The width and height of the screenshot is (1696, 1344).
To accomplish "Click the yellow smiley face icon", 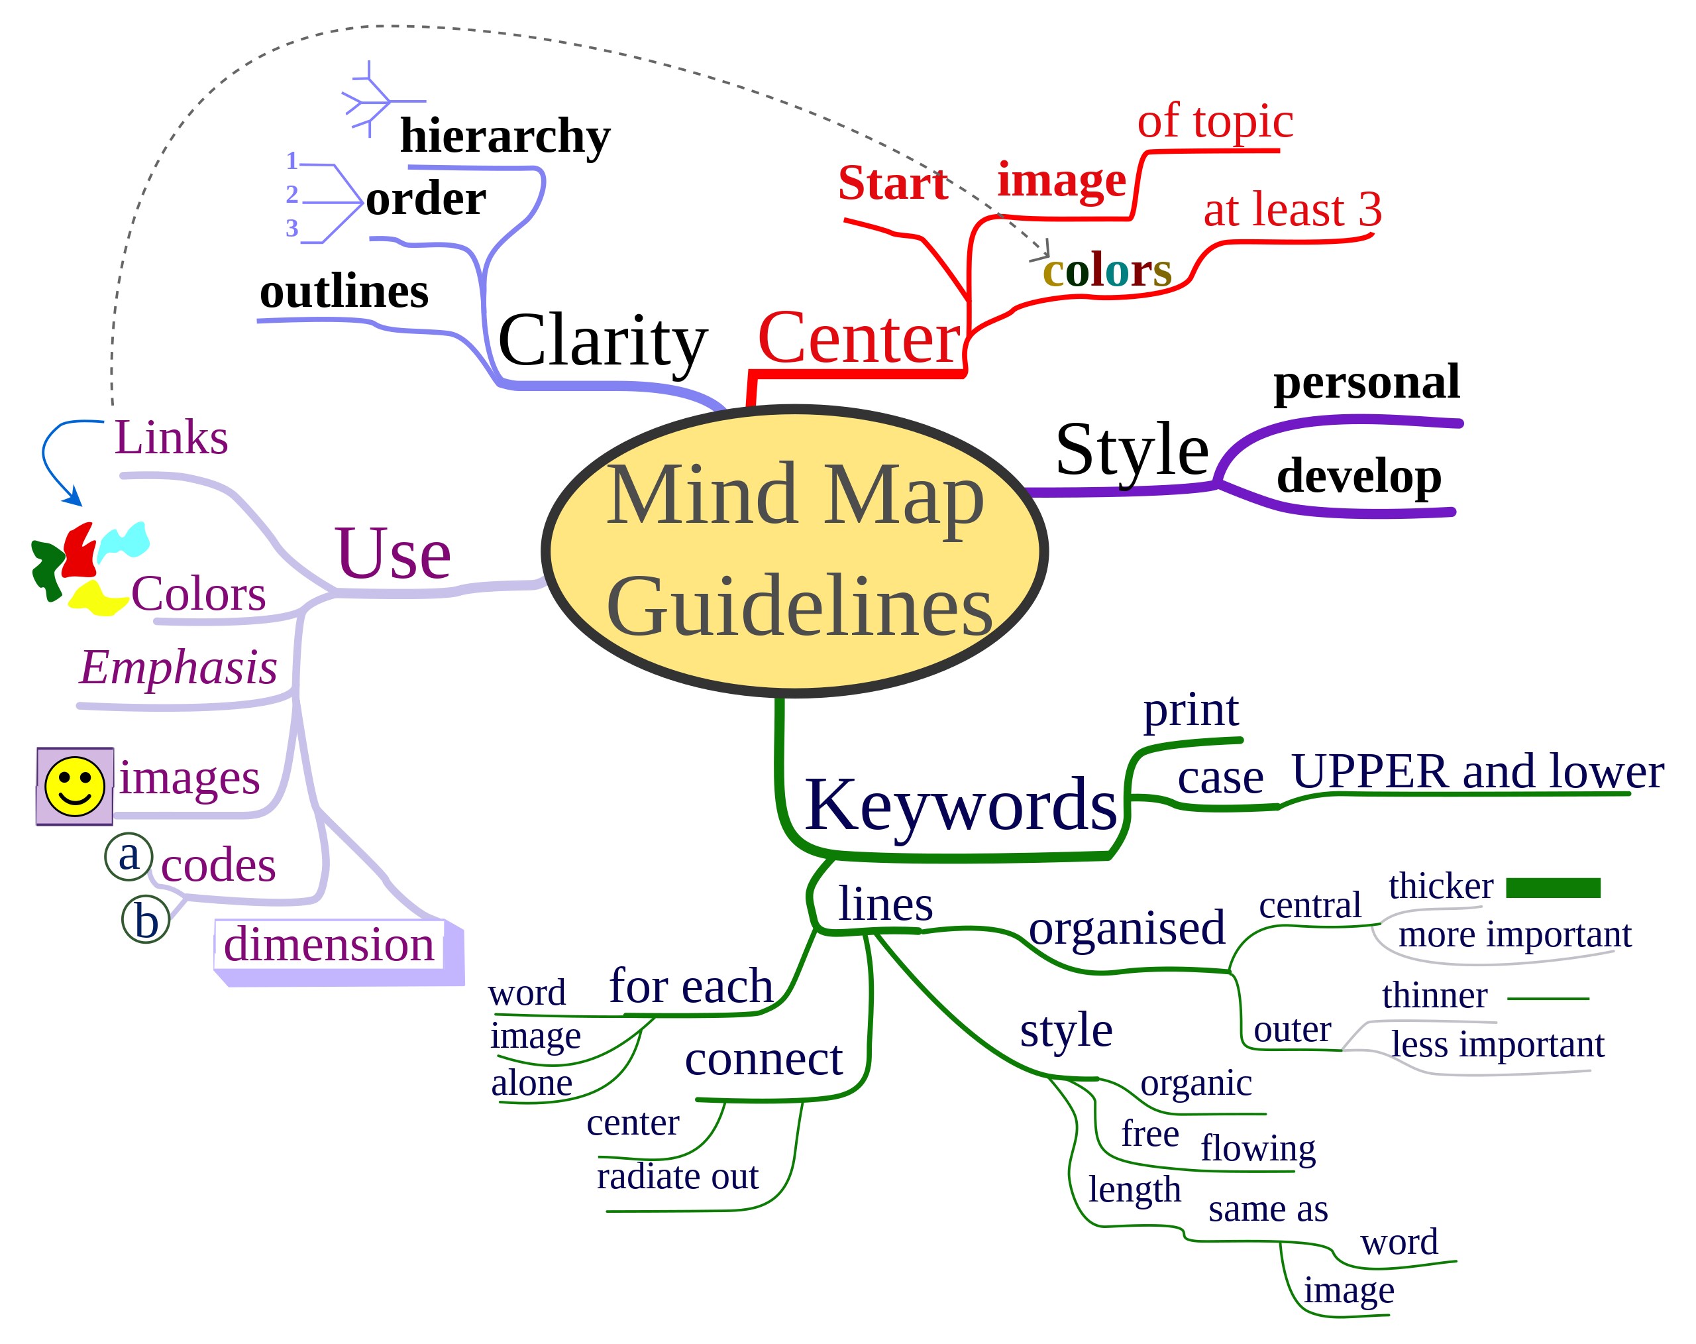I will [x=75, y=786].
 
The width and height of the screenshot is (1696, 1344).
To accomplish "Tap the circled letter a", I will [x=129, y=856].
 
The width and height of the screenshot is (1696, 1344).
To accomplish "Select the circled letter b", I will [x=146, y=920].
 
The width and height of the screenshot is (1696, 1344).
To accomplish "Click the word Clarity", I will [x=603, y=341].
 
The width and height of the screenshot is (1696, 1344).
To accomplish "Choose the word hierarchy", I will [x=505, y=136].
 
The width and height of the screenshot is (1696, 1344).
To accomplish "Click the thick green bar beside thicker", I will [x=1553, y=887].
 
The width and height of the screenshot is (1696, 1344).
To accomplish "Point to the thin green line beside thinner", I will [x=1548, y=999].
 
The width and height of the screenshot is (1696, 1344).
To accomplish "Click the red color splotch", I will [x=79, y=551].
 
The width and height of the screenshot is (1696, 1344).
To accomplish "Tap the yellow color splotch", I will [x=95, y=599].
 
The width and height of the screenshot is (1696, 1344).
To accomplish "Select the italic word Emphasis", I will [x=179, y=668].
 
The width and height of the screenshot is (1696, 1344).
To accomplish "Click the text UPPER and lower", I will [x=1477, y=772].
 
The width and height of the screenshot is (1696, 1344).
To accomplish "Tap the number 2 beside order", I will [x=292, y=194].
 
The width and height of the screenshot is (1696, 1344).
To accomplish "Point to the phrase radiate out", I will [x=677, y=1177].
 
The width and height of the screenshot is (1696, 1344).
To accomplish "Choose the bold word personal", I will [x=1366, y=382].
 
